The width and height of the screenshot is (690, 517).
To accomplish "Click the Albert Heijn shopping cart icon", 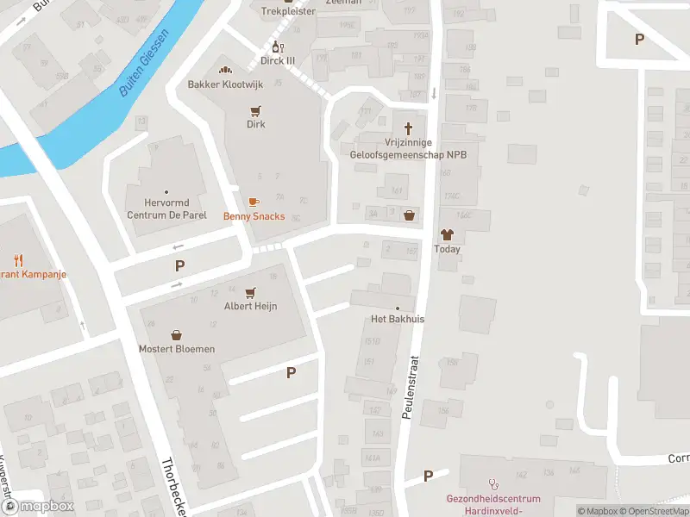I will click(251, 293).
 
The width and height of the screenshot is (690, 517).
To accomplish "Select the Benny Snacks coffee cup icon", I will click(254, 202).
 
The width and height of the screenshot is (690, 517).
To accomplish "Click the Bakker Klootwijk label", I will click(225, 84).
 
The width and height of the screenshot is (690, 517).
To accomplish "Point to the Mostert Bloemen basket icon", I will click(177, 334).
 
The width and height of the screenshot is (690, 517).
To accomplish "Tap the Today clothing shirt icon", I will click(447, 234).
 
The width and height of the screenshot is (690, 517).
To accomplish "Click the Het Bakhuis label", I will click(398, 319).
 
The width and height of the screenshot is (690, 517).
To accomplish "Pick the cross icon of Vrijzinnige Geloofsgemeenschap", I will click(409, 124).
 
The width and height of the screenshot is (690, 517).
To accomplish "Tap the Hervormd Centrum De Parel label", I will click(166, 209).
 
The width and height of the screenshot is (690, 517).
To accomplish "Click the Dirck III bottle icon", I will click(278, 47).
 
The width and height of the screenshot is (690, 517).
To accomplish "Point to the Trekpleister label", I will click(288, 11).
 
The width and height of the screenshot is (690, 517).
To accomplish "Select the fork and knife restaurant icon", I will click(18, 259).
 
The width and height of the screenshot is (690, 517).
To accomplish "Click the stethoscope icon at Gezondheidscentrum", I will click(493, 484).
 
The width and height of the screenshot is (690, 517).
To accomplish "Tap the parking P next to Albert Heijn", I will click(291, 372).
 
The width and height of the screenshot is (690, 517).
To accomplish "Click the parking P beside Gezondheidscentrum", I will click(428, 476).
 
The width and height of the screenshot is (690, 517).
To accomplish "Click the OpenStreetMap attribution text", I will click(652, 511).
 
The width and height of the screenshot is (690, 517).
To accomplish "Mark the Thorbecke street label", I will click(173, 488).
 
